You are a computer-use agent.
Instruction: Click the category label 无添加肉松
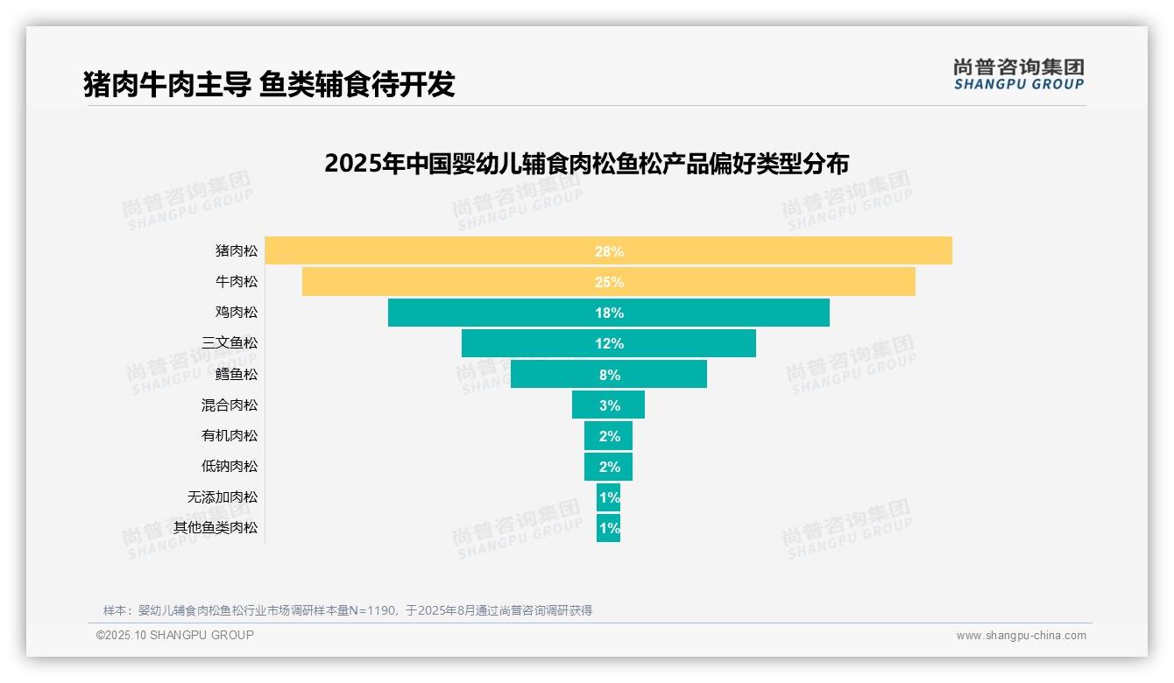(x=223, y=497)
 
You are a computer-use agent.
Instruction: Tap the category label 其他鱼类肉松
(x=216, y=528)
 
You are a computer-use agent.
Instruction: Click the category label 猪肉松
(x=237, y=251)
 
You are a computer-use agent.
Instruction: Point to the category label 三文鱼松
(x=230, y=343)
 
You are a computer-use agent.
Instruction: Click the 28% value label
(x=609, y=251)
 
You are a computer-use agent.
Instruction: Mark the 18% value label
(x=609, y=313)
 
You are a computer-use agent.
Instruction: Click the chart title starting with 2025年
(x=586, y=164)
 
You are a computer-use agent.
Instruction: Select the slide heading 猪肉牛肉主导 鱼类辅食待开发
(x=269, y=84)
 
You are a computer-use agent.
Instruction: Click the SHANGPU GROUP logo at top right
(x=1019, y=74)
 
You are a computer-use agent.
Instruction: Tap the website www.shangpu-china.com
(x=1021, y=636)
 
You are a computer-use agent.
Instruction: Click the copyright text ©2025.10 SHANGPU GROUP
(x=175, y=636)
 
